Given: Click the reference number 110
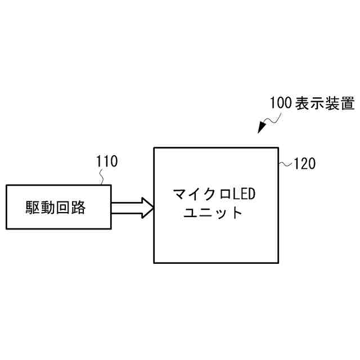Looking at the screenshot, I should click(107, 162).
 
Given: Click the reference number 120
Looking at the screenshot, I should click(305, 164).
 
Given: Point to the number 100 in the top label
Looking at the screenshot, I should click(280, 103).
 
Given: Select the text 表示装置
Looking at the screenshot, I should click(325, 103).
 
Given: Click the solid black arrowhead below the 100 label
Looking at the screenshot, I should click(262, 128).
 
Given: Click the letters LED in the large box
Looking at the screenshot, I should click(244, 195).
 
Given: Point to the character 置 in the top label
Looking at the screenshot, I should click(346, 103).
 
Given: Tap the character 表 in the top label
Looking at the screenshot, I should click(302, 103).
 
